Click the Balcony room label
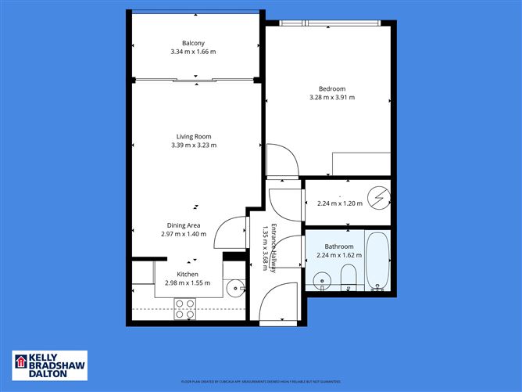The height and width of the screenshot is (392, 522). point(193,43)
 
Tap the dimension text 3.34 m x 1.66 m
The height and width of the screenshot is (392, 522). point(193,52)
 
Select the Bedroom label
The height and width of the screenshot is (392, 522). point(332,89)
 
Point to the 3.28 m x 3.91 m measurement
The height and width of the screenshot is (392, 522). point(332,98)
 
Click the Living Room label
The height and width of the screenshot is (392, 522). point(194,137)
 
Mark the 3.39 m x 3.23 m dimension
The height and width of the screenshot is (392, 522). point(194,145)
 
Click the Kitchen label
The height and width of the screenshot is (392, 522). point(188,274)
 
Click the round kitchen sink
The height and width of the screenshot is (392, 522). point(234,289)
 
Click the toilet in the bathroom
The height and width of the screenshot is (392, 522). point(349,276)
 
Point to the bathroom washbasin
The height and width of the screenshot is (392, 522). point(321,280)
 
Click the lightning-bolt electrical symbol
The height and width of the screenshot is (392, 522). point(378,199)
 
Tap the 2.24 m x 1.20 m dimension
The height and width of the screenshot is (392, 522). point(340,203)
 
